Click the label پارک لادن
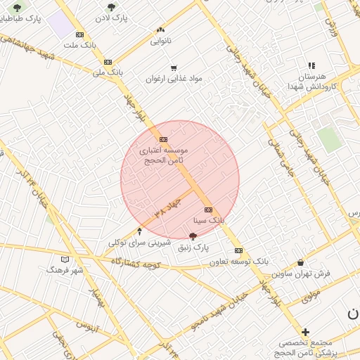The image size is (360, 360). (x=113, y=18)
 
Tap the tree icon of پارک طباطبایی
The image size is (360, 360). (x=18, y=8)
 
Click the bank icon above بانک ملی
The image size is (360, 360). (x=108, y=62)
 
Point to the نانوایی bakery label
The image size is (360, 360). (x=160, y=41)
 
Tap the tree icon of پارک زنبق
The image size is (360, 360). (x=193, y=237)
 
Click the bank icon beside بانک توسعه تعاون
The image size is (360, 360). (x=239, y=250)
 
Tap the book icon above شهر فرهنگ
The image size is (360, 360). (x=65, y=259)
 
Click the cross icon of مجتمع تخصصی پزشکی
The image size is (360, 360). (x=305, y=332)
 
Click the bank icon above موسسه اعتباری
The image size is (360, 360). (x=163, y=139)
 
